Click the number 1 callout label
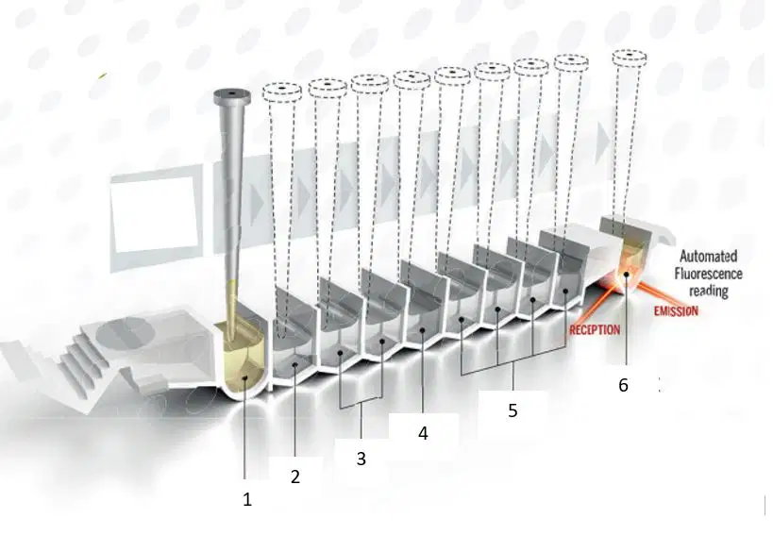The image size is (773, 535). tap(247, 500)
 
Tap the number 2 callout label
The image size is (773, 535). tap(295, 476)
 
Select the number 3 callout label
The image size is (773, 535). tap(361, 460)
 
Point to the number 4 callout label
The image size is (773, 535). tap(423, 433)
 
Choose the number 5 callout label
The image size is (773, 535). tap(513, 410)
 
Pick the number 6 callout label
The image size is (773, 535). tap(624, 385)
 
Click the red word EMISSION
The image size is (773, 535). tap(676, 310)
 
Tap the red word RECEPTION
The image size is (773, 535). tap(595, 329)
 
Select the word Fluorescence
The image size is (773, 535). tap(708, 274)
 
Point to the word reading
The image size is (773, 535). tap(709, 292)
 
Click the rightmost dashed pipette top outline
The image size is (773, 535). tap(629, 58)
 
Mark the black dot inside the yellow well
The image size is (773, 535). tap(245, 377)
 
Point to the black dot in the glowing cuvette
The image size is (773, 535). tap(626, 274)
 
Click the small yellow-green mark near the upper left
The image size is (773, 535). tap(103, 75)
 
